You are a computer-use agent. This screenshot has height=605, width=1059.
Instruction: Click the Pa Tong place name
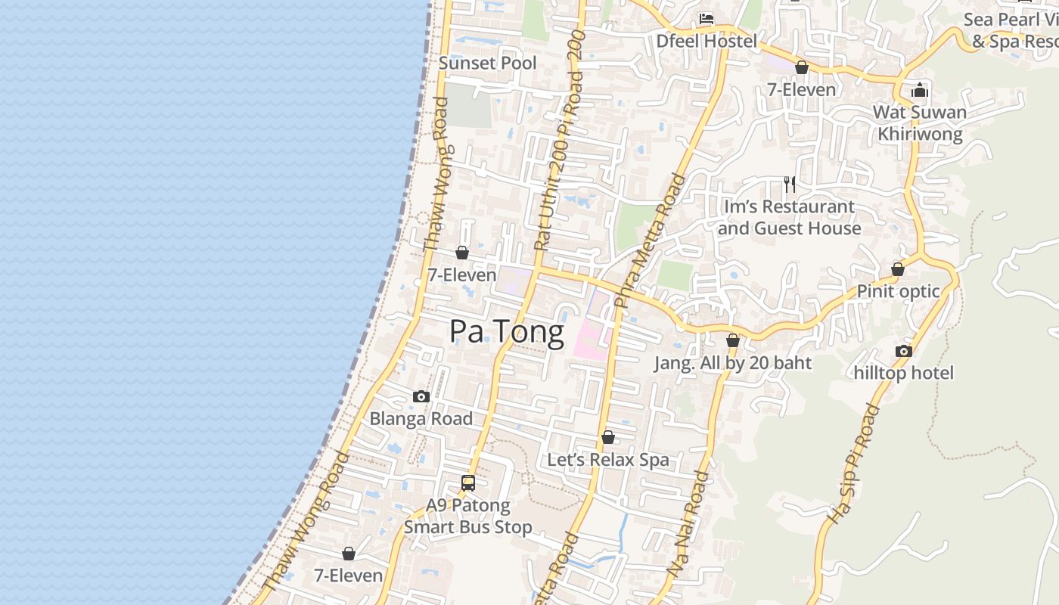coord(506,332)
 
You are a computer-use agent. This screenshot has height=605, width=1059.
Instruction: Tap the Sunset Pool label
coord(487,64)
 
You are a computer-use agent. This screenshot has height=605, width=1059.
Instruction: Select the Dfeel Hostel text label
coord(706,41)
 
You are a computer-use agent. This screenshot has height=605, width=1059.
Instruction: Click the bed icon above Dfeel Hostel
coord(707,19)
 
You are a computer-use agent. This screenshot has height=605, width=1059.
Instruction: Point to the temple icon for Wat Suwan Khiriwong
coord(920,91)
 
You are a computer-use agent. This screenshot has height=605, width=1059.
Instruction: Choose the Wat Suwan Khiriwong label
coord(920,123)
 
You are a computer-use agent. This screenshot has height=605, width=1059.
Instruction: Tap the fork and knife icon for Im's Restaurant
coord(790,184)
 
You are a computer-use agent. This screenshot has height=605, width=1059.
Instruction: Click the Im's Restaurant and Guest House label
coord(790,217)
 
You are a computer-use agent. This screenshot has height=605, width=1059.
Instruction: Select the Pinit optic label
coord(898,291)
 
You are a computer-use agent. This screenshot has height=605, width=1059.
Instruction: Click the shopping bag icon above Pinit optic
coord(898,269)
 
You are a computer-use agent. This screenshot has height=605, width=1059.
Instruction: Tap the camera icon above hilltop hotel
coord(903,351)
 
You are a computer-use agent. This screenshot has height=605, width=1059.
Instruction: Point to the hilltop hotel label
coord(903,373)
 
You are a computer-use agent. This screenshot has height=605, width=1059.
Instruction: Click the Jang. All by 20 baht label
coord(732,363)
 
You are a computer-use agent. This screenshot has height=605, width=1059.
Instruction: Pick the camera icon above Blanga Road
coord(421,396)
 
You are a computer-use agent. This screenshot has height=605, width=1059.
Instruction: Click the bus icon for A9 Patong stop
coord(468,482)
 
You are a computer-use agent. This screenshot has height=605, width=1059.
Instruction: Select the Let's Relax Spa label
coord(607,460)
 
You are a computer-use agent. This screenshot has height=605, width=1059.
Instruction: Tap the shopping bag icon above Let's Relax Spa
coord(607,437)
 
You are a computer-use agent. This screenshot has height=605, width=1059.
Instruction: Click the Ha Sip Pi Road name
coord(854,464)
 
